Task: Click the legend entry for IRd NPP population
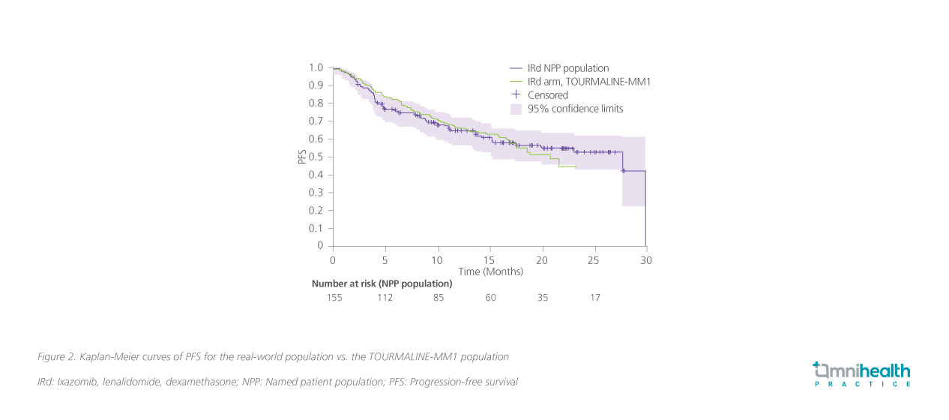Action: pos(568,68)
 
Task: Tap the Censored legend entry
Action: pos(548,95)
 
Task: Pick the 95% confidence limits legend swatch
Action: pos(516,109)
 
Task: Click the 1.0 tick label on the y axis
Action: pos(316,67)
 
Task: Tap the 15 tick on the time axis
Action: pos(489,259)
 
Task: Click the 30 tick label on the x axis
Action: pos(646,259)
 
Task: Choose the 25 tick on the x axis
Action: pos(594,259)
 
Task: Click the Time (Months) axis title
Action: pos(490,271)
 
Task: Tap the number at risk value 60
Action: pos(490,298)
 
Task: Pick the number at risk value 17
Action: pos(594,298)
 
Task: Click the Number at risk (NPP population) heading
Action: pos(382,283)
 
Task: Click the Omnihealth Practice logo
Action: pos(862,373)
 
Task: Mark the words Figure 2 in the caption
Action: pos(55,356)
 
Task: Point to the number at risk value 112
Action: pos(385,298)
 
